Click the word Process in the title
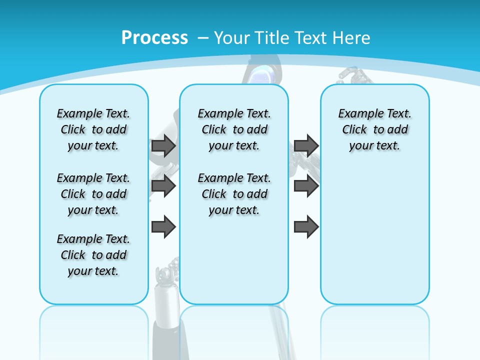(x=154, y=38)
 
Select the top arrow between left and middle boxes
(x=163, y=145)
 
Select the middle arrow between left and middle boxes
(x=163, y=186)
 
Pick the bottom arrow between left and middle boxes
(x=163, y=227)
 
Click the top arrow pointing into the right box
(x=306, y=145)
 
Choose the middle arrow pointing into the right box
(x=306, y=186)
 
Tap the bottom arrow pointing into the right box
(x=306, y=227)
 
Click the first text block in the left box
(x=93, y=129)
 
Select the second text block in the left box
(x=93, y=194)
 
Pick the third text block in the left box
(x=93, y=255)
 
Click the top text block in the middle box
(x=234, y=129)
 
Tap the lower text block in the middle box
(x=234, y=194)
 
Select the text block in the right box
(x=374, y=129)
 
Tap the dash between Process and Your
(x=203, y=38)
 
